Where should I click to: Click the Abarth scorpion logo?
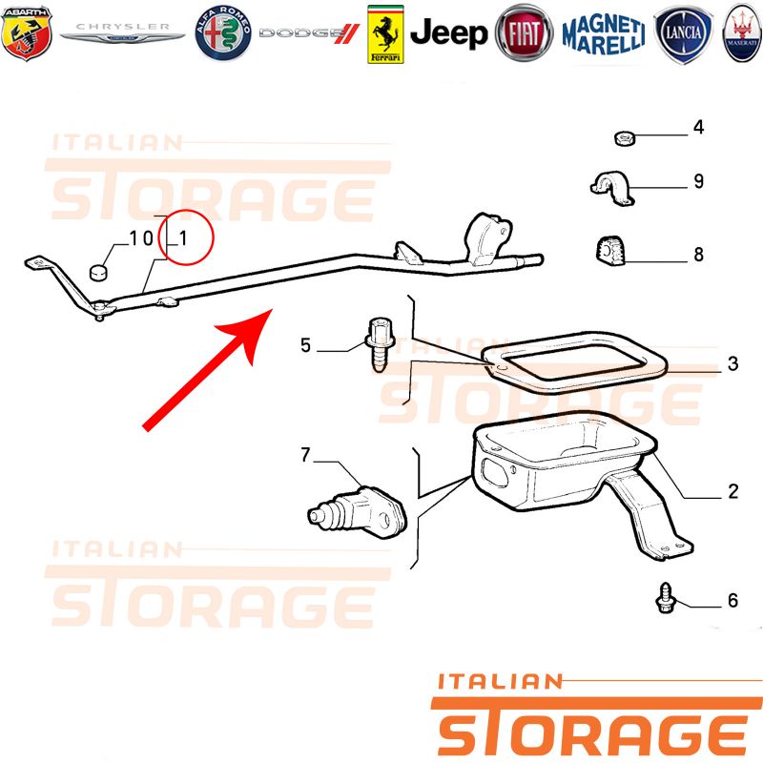pyautogui.click(x=27, y=33)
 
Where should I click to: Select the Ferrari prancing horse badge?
pyautogui.click(x=385, y=34)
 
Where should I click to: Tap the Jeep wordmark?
pyautogui.click(x=448, y=33)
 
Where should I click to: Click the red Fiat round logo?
pyautogui.click(x=524, y=33)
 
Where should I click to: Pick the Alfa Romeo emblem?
pyautogui.click(x=223, y=33)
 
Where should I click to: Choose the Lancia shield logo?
pyautogui.click(x=683, y=34)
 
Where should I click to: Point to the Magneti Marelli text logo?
pyautogui.click(x=604, y=34)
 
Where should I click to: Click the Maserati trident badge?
pyautogui.click(x=743, y=33)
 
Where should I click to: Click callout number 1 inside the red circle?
pyautogui.click(x=183, y=238)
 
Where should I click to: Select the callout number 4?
pyautogui.click(x=699, y=128)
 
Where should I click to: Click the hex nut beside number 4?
pyautogui.click(x=625, y=138)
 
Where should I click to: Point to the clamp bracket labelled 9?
pyautogui.click(x=612, y=188)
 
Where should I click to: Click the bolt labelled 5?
pyautogui.click(x=380, y=343)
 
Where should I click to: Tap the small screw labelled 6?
pyautogui.click(x=665, y=598)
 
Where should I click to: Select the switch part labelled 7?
pyautogui.click(x=357, y=512)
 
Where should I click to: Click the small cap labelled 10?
pyautogui.click(x=99, y=273)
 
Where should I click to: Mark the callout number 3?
pyautogui.click(x=732, y=363)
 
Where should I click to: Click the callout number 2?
pyautogui.click(x=733, y=491)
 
